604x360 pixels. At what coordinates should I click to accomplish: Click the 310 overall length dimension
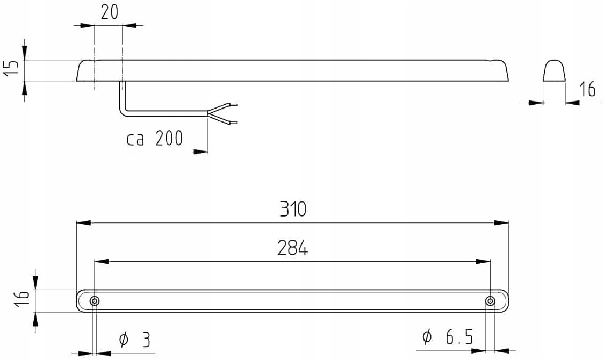coord(292,209)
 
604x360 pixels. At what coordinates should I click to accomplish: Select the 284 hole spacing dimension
coord(292,248)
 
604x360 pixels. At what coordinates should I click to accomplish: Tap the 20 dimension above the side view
coord(109,12)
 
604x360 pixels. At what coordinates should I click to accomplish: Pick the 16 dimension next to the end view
coord(588,89)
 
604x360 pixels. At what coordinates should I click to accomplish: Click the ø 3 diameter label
coord(134,339)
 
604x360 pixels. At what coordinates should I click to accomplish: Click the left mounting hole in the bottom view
coord(95,301)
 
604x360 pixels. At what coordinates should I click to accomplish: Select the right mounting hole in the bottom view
coord(490,301)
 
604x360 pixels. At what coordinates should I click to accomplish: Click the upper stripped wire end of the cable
coord(232,105)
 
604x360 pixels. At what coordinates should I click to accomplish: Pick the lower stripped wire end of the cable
coord(232,123)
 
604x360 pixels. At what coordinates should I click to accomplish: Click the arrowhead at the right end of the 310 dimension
coord(502,222)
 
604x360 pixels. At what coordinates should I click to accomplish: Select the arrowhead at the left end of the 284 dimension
coord(101,261)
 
